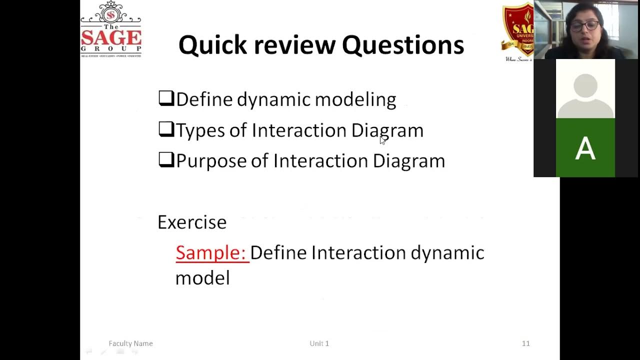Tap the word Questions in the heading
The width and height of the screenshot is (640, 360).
[x=402, y=45]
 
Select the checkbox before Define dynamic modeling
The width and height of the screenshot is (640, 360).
[x=165, y=98]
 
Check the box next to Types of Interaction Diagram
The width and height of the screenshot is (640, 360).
[x=165, y=129]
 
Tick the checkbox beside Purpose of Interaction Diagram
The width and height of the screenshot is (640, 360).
[x=165, y=159]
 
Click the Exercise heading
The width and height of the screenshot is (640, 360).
[x=192, y=222]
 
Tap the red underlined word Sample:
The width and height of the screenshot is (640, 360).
[x=211, y=252]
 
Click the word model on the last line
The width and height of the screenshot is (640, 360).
[x=202, y=278]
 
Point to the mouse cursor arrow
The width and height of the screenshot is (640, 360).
[x=382, y=140]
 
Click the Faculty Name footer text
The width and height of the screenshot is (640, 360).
[x=130, y=343]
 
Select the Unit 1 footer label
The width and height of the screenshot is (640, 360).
[x=319, y=343]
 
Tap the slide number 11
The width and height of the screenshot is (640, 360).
[x=525, y=343]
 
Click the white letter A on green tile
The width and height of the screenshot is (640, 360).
[x=585, y=148]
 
